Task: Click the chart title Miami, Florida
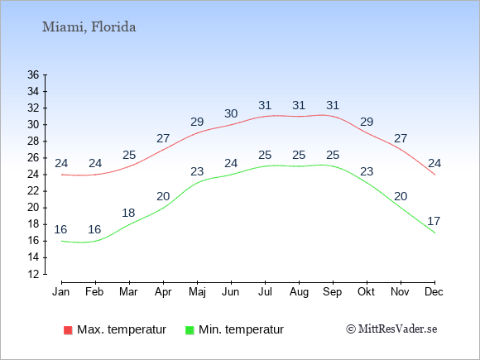(89, 27)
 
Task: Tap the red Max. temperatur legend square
(68, 330)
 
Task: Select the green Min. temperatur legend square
(190, 330)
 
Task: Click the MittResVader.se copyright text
(391, 329)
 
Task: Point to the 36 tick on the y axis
(33, 74)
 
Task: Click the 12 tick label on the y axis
(33, 274)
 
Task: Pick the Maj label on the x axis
(197, 292)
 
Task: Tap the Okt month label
(367, 292)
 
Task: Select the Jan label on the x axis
(61, 292)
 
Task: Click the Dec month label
(434, 292)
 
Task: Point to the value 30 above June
(231, 113)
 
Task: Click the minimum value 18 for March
(128, 213)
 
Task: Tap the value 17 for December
(434, 221)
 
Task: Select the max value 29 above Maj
(197, 122)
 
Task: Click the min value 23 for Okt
(367, 171)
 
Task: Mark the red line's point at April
(164, 150)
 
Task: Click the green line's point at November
(401, 208)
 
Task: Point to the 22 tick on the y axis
(33, 191)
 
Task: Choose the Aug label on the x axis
(299, 292)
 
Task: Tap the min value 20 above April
(163, 196)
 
